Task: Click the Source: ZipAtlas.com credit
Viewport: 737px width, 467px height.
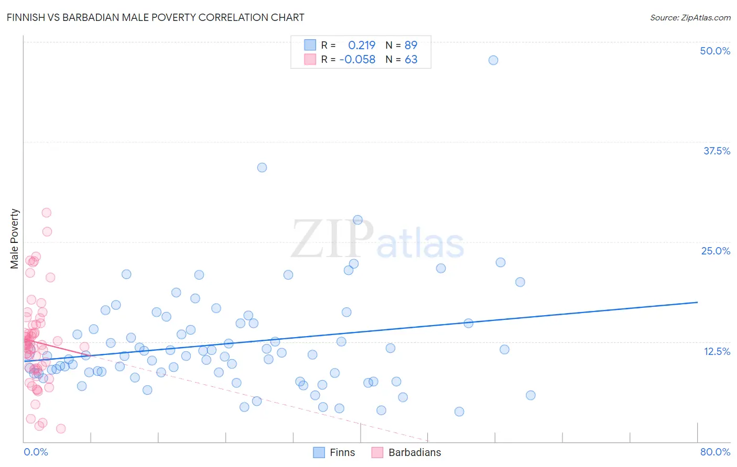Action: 690,17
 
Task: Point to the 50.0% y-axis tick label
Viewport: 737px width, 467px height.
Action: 715,51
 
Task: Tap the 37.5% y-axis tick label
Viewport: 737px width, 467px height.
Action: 717,151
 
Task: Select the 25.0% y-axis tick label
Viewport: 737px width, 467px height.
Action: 716,251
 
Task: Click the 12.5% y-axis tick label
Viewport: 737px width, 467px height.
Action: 717,351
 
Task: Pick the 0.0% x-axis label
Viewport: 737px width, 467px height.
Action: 36,452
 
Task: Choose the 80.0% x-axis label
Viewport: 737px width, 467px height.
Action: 715,452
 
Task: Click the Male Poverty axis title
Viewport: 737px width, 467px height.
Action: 15,239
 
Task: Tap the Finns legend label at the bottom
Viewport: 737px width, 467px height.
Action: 342,452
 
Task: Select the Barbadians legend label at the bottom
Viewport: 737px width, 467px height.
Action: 415,452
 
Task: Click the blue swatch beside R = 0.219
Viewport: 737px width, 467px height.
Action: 310,45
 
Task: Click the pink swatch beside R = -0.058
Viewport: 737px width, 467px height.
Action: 310,59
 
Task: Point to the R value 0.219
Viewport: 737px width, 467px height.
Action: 362,45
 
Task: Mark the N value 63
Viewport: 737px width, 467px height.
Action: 411,59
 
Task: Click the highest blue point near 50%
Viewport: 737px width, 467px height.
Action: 493,60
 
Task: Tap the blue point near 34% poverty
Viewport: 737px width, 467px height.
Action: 262,168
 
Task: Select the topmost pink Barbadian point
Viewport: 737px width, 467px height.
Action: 46,213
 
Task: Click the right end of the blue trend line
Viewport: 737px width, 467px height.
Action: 697,302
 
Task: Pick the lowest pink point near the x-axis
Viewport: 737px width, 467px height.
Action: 61,429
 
